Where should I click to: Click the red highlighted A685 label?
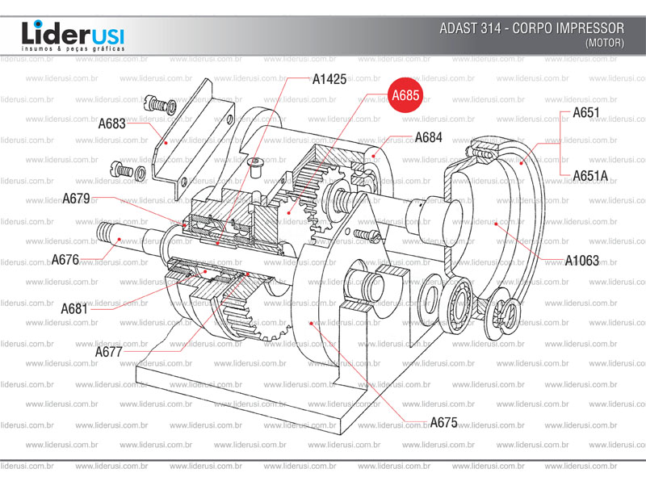click(405, 96)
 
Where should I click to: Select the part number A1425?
click(329, 79)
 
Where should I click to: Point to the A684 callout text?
click(429, 137)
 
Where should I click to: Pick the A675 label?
click(443, 422)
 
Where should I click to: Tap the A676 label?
click(65, 259)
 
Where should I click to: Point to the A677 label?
click(109, 351)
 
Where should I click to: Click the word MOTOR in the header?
click(604, 43)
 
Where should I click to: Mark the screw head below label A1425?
click(256, 166)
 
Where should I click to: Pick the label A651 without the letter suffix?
click(585, 113)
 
